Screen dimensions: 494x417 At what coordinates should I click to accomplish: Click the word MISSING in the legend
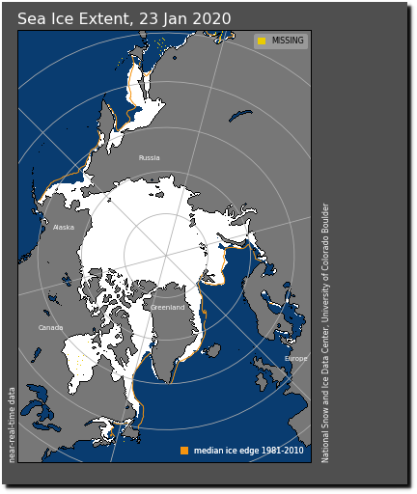[x=288, y=41]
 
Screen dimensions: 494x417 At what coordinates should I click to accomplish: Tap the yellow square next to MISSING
[x=262, y=41]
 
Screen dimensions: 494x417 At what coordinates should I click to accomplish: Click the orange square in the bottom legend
[x=184, y=451]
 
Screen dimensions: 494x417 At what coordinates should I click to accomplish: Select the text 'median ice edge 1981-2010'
[x=248, y=451]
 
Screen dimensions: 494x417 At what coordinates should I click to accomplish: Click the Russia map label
[x=149, y=158]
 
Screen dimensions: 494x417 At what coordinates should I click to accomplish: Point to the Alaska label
[x=64, y=228]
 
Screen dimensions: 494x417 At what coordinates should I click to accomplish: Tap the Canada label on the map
[x=50, y=328]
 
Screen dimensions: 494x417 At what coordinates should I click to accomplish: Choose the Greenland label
[x=167, y=308]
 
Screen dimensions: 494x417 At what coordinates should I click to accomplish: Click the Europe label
[x=295, y=359]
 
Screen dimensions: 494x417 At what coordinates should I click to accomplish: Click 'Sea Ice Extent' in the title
[x=69, y=19]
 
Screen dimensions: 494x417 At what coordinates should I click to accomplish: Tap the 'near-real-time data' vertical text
[x=13, y=425]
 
